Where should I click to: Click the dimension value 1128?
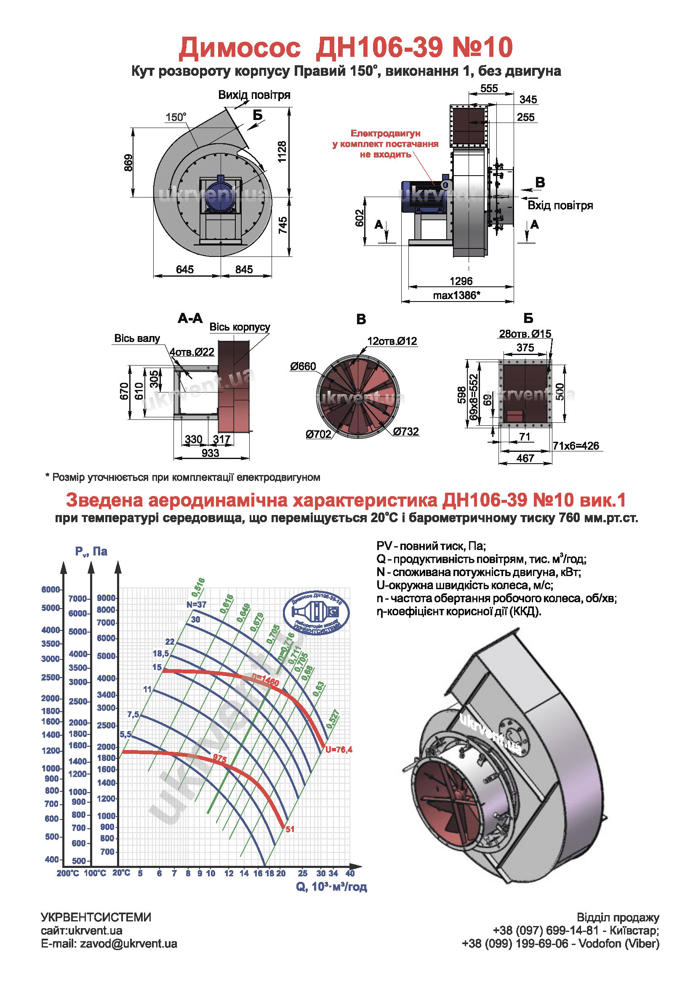(x=282, y=152)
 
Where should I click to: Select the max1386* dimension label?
(x=456, y=296)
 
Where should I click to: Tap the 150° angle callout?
(x=176, y=117)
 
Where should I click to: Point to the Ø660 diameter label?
(x=303, y=366)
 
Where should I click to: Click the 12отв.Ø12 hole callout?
(x=392, y=341)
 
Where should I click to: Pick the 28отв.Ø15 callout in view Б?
(x=525, y=334)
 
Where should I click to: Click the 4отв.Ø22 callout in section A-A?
(x=192, y=352)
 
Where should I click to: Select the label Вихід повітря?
(x=254, y=95)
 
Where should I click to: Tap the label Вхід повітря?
(x=560, y=206)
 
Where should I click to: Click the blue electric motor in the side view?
(x=422, y=197)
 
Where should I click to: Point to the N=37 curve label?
(x=197, y=604)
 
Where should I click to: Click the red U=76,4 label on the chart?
(x=339, y=750)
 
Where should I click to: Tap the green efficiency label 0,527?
(x=333, y=719)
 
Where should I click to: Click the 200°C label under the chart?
(x=68, y=873)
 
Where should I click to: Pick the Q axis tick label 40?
(x=350, y=873)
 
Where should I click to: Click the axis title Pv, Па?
(x=91, y=551)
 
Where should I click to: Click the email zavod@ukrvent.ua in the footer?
(x=109, y=944)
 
